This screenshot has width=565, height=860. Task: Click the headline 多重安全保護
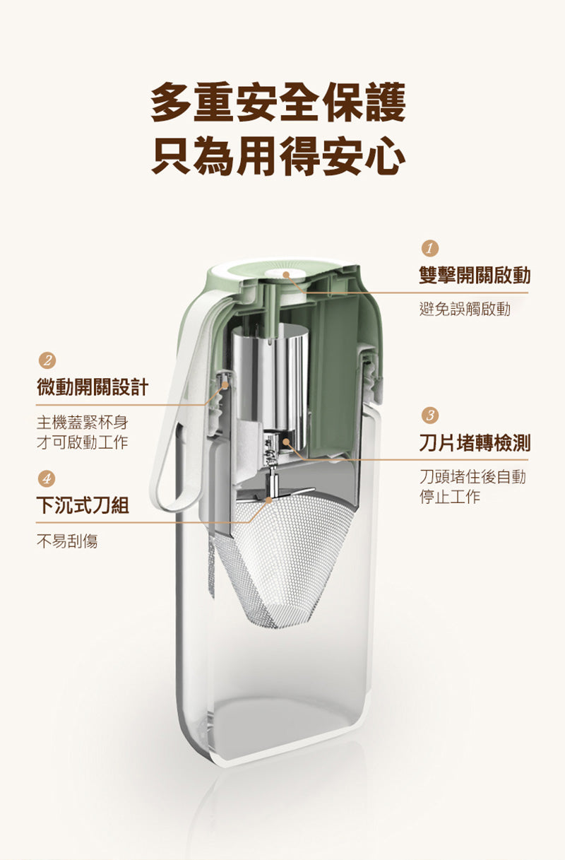pos(278,102)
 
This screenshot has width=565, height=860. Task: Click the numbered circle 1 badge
pos(429,249)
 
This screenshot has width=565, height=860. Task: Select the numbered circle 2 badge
pos(47,360)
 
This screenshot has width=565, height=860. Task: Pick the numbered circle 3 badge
pos(429,416)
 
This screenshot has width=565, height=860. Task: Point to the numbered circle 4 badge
pos(47,478)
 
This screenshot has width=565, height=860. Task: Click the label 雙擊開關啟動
pos(475,276)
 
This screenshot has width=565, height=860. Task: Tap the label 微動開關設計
pos(93,387)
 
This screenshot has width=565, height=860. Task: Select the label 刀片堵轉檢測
pos(475,442)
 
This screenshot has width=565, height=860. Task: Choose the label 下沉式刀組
pos(83,505)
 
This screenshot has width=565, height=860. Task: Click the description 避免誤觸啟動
pos(465,309)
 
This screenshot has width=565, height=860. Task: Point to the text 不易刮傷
pos(67,541)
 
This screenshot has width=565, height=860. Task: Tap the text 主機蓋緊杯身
pos(83,423)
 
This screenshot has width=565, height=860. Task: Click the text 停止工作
pos(450,496)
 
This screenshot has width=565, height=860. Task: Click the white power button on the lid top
pos(285,273)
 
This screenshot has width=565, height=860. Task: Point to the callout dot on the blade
pos(268,500)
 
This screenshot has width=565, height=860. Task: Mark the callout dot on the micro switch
pos(226,384)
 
